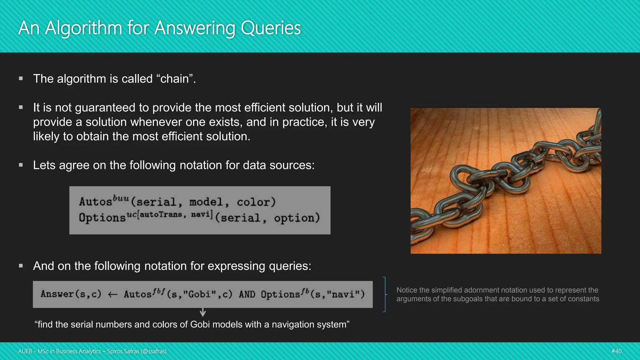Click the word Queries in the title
coord(271,28)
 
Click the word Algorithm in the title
coord(83,28)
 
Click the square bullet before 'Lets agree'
coord(21,165)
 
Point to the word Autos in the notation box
coord(95,202)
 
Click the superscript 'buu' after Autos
coord(121,198)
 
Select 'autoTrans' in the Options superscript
coord(161,214)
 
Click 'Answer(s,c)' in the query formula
coord(71,294)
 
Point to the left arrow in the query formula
coord(112,294)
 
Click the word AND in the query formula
coord(247,294)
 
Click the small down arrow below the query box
coord(203,312)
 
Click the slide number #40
coord(616,351)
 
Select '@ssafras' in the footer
coord(153,351)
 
